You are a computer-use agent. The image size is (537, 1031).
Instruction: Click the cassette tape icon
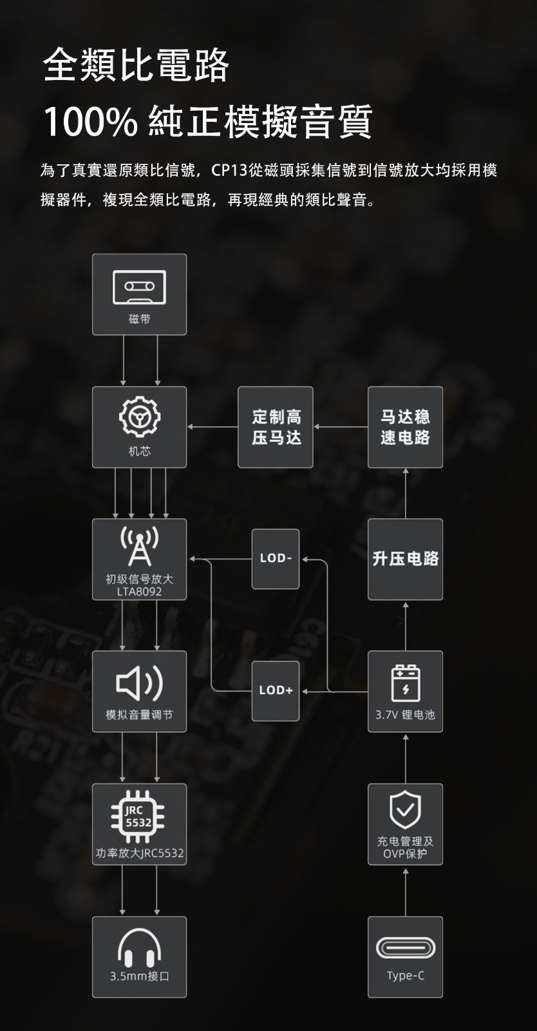[x=139, y=287]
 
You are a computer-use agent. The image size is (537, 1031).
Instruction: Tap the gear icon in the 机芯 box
[x=139, y=417]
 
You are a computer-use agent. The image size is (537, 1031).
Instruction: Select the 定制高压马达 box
[x=276, y=427]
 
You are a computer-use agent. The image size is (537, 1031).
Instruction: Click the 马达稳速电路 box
[x=405, y=427]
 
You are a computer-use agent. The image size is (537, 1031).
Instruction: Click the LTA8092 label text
[x=139, y=592]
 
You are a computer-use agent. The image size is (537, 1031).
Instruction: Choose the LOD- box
[x=276, y=559]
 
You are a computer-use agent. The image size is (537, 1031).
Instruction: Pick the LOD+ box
[x=276, y=691]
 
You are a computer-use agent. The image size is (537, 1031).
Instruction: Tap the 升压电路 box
[x=405, y=559]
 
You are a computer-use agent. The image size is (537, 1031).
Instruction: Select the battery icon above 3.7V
[x=405, y=682]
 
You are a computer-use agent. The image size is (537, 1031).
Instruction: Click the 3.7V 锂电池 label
[x=405, y=715]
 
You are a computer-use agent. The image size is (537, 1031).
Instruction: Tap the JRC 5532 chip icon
[x=138, y=816]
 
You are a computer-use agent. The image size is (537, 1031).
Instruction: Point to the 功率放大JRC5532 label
[x=140, y=853]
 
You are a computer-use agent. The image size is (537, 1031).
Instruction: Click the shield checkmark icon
[x=405, y=808]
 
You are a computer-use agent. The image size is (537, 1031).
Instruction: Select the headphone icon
[x=139, y=947]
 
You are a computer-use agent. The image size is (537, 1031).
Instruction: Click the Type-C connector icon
[x=405, y=948]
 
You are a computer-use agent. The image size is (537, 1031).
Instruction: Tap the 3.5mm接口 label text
[x=139, y=976]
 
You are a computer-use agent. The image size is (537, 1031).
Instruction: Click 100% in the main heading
[x=90, y=122]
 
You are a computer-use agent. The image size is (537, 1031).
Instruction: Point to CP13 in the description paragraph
[x=229, y=171]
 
